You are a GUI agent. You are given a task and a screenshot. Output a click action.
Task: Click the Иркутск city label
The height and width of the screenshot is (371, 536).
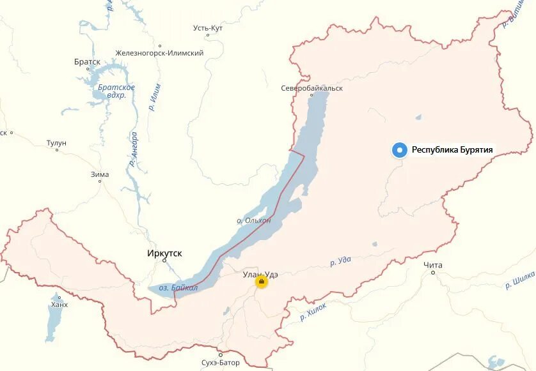(164, 254)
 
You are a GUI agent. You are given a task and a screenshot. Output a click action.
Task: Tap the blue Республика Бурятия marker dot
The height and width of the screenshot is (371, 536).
(400, 150)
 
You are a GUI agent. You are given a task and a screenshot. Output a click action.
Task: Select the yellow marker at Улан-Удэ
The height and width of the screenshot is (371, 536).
(261, 282)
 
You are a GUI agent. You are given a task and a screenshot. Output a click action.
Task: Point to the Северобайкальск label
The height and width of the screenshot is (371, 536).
(312, 88)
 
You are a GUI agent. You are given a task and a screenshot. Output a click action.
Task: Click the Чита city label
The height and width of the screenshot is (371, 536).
(433, 264)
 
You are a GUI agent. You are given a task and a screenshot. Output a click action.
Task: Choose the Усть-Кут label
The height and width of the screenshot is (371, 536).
(208, 27)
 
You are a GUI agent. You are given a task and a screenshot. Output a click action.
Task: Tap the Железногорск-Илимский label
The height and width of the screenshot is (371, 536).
(159, 53)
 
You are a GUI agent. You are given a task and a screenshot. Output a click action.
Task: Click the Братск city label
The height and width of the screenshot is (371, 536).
(87, 62)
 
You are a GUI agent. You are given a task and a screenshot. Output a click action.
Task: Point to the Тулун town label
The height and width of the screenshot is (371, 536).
(56, 143)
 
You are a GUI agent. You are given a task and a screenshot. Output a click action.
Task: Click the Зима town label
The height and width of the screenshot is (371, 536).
(100, 174)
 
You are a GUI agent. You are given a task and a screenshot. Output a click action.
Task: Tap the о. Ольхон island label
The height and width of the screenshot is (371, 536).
(254, 220)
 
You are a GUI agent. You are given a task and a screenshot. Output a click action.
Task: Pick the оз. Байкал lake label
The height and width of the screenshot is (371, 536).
(178, 288)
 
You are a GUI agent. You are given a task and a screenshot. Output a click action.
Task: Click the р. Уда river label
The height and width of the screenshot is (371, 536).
(341, 261)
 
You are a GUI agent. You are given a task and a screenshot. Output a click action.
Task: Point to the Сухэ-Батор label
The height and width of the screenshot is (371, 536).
(219, 363)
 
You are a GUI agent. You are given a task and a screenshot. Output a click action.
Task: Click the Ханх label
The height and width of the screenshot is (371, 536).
(59, 305)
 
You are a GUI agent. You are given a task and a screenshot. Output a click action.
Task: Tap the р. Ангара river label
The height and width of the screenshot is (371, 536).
(134, 149)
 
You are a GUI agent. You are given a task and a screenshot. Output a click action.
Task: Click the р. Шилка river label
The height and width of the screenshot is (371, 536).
(519, 281)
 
